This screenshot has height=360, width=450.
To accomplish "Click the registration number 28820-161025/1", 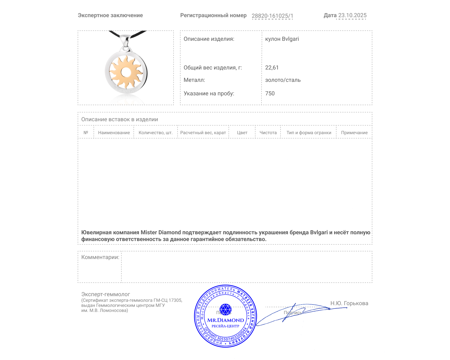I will point(272,16).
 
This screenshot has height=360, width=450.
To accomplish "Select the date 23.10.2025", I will point(352,15).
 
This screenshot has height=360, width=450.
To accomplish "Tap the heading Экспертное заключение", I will point(110,15).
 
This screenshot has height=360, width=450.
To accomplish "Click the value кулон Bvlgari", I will point(282,39).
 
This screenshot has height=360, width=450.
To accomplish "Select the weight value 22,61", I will point(272,67).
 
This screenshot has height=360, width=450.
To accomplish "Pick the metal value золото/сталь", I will point(283,80).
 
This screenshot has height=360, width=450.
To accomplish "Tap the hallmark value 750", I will point(270,93).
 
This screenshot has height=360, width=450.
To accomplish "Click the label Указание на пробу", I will point(209,93).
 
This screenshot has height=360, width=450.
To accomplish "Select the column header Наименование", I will point(114,132).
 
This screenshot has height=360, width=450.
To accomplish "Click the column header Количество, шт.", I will point(156,132).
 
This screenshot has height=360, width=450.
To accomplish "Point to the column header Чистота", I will point(268,132).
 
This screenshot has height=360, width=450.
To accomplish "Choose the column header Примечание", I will point(354,132).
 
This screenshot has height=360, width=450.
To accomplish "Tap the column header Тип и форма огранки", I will point(309,132).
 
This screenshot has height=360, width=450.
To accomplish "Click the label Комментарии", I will point(100,257).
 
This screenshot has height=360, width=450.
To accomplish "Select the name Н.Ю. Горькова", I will point(349,303).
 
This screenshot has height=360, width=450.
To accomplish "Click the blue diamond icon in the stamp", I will point(225,309).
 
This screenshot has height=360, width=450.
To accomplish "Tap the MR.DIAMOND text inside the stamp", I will point(226,320).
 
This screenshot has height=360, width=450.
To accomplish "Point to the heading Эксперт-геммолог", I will point(105,294).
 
